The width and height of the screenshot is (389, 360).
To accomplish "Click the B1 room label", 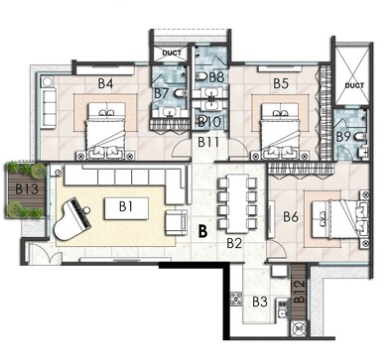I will coord(126,206).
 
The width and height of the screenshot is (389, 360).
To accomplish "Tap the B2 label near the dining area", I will coord(234,242).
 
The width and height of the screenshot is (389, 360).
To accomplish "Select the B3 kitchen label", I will coord(260,301).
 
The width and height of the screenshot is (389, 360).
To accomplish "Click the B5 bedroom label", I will coord(281,83).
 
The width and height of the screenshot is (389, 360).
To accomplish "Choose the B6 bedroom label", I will coord(291,216).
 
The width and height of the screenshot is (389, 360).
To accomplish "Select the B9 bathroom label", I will coord(344,136).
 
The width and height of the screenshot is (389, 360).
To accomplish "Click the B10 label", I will coord(209,121).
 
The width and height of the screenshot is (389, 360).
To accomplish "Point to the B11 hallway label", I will coord(207,143).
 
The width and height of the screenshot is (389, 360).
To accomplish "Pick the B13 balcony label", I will coord(27,189).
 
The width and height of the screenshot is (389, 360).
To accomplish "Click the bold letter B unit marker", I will coord(201,233).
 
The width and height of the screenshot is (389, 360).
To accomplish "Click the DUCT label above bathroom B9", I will coord(354,85).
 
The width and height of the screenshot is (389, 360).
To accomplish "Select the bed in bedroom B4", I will coord(104,129).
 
